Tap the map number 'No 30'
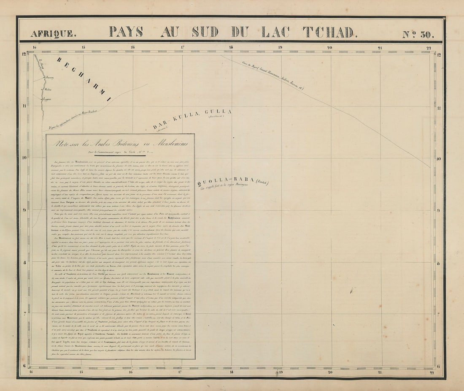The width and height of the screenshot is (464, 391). click(x=417, y=33)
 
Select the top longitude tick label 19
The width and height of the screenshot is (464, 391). click(x=280, y=48)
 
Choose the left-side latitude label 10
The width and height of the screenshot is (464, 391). click(x=25, y=158)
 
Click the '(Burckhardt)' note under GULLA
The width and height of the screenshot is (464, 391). click(x=215, y=119)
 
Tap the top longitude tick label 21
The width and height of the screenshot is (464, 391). click(x=380, y=48)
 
